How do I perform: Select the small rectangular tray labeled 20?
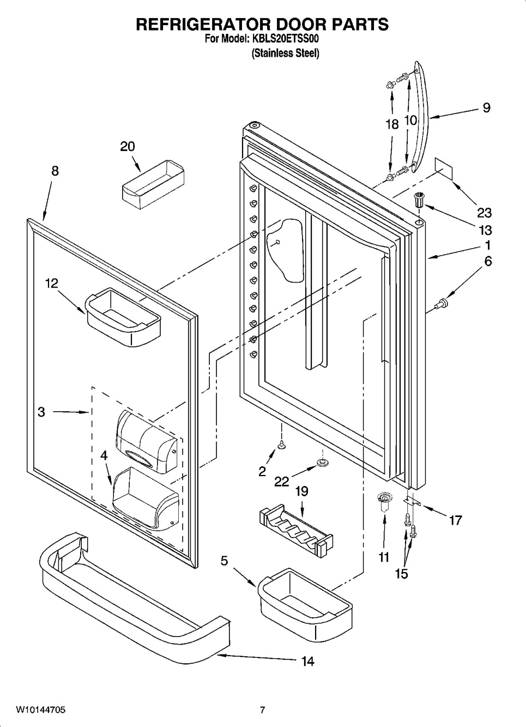point(153,184)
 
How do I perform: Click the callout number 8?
point(56,171)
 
